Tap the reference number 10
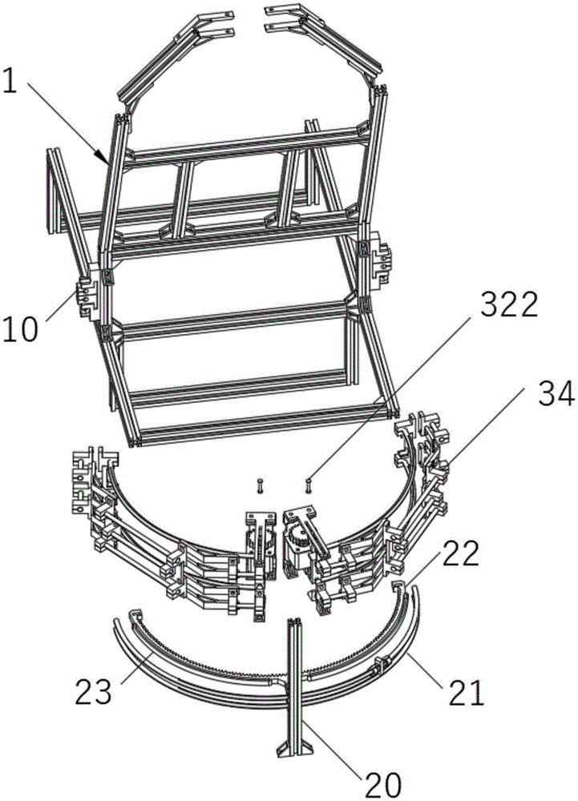[x=21, y=328]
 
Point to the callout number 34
[x=557, y=396]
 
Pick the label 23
[x=93, y=692]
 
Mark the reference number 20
[x=382, y=785]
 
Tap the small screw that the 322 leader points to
[x=308, y=485]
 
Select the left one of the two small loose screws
[x=260, y=486]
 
